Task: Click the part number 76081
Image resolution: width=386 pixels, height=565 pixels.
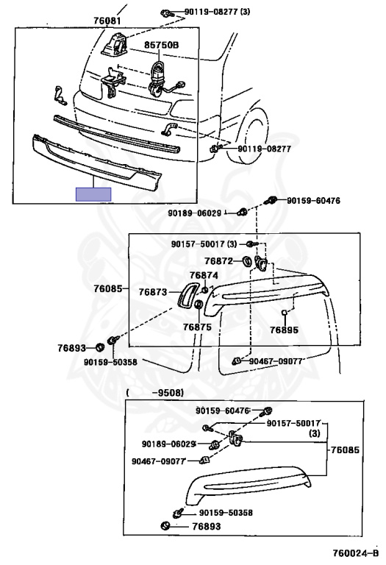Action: [x=107, y=21]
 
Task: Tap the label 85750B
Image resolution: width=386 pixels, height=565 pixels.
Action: [x=162, y=45]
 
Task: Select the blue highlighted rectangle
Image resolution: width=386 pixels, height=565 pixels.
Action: [x=93, y=194]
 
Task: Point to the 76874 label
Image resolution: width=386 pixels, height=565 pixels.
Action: [x=204, y=275]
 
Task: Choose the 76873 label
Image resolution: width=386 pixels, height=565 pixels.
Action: [x=153, y=292]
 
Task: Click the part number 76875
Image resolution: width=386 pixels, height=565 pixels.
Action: [x=197, y=327]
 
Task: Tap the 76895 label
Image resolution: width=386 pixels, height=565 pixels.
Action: [x=284, y=330]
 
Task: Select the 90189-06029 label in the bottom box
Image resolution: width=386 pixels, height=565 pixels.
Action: [x=168, y=444]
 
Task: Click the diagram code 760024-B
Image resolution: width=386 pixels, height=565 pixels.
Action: [x=355, y=553]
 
